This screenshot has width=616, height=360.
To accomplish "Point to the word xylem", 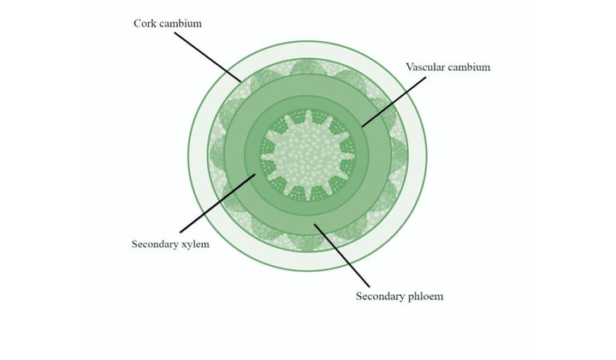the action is pos(195,245).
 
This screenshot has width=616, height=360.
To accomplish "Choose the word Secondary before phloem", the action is pos(379,296).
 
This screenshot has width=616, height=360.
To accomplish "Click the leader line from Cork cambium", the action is pos(208,57).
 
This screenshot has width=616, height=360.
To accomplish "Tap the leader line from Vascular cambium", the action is pos(394,102).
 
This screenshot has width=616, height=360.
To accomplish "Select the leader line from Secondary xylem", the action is pos(218,204).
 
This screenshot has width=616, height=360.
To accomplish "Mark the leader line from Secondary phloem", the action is pos(341,256).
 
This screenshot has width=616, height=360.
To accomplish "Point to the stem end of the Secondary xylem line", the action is pos(255,174).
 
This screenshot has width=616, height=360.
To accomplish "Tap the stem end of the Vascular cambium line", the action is pos(362,127).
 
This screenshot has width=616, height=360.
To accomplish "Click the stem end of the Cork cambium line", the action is pos(241,82).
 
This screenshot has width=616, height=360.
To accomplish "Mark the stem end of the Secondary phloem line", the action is pos(314,225).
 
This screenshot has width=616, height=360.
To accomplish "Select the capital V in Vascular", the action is pos(410,68).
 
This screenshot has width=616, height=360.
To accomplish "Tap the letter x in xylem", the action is pos(184,245).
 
